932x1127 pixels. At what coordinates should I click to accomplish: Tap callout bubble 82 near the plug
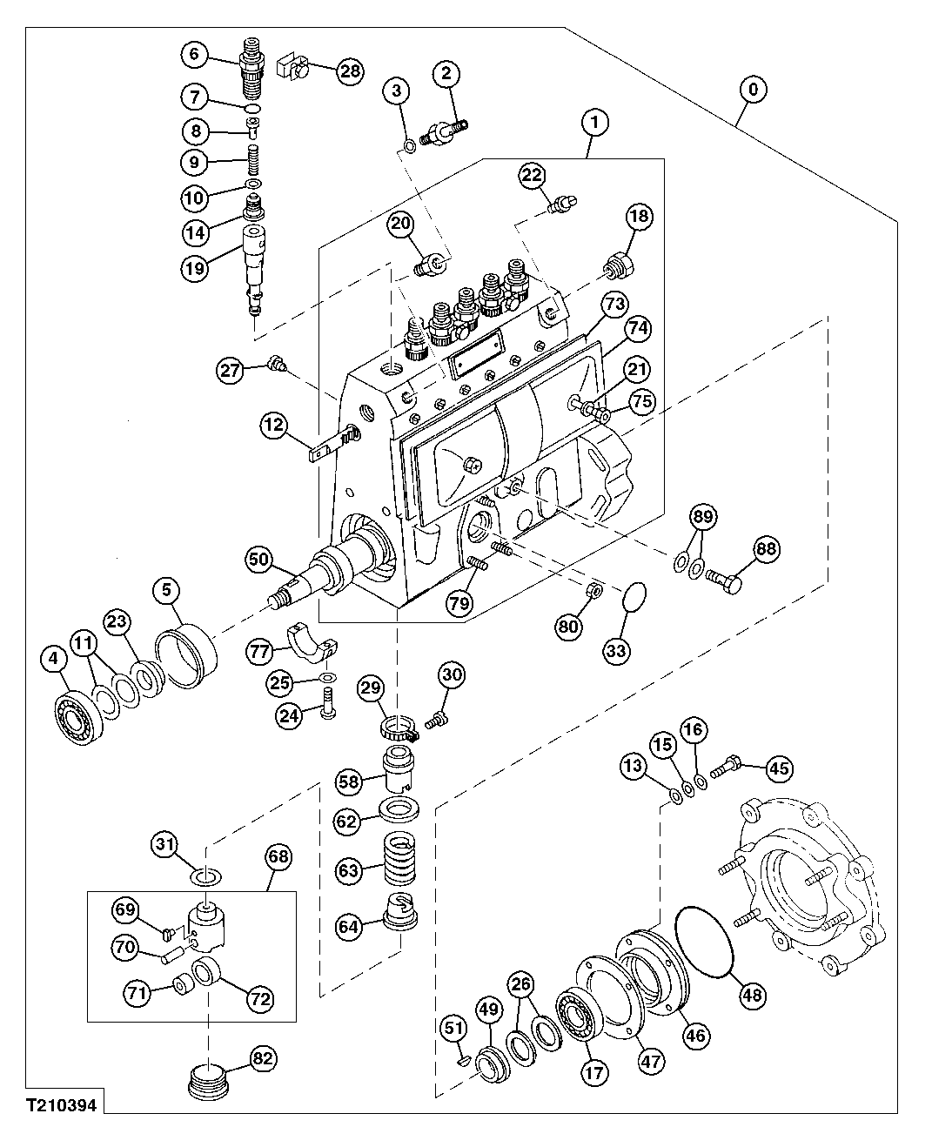[x=263, y=1059]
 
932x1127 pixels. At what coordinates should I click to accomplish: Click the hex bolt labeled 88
[x=724, y=578]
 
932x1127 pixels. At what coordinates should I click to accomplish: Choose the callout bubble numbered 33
[x=625, y=649]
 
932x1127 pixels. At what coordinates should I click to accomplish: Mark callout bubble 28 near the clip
[x=350, y=71]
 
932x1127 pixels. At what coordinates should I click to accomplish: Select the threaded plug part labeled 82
[x=208, y=1083]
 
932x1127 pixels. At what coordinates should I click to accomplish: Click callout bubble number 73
[x=614, y=305]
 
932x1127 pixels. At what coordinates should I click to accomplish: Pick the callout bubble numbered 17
[x=594, y=1073]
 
